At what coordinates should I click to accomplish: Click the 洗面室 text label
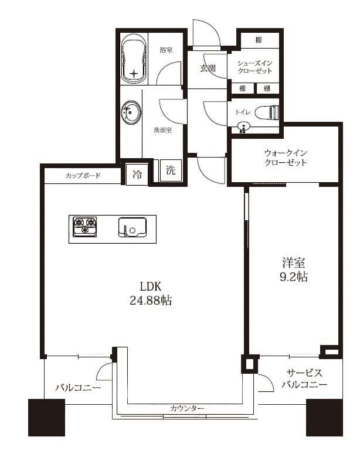[162, 130]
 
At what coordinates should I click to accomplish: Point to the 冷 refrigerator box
[136, 174]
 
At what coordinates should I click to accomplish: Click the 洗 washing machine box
[170, 172]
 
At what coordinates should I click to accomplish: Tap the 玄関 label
[208, 69]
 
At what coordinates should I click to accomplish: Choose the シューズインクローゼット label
[254, 67]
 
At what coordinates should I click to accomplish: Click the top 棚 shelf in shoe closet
[259, 40]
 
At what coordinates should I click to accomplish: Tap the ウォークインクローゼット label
[285, 158]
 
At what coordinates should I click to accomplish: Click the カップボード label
[82, 175]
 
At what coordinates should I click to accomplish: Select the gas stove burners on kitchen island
[85, 226]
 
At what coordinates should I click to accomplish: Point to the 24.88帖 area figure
[151, 301]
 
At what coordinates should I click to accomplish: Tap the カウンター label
[188, 408]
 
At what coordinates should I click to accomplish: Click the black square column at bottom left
[46, 417]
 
